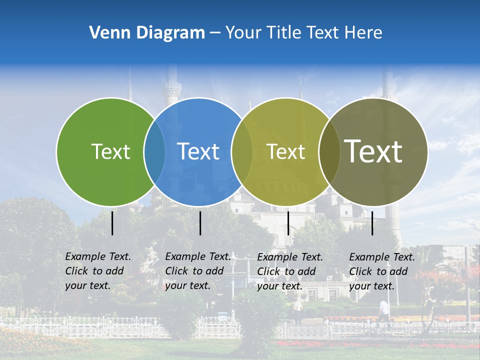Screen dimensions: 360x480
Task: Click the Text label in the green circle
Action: [x=110, y=151]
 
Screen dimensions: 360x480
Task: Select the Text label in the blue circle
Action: [x=198, y=151]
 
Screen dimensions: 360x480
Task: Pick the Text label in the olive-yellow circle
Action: [x=286, y=151]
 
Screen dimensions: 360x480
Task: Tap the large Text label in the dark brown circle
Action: [x=373, y=151]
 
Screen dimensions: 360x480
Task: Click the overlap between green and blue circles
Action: [x=154, y=151]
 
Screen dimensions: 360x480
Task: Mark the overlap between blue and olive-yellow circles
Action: [x=242, y=151]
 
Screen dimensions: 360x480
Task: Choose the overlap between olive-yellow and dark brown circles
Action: [x=329, y=151]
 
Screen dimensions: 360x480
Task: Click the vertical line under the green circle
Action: [x=112, y=223]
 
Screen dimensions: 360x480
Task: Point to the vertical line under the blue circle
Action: [x=200, y=223]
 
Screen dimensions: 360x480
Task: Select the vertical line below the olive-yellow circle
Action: [x=288, y=223]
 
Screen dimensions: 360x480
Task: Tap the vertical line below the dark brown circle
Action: [x=372, y=223]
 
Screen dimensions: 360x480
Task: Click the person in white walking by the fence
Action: [x=383, y=312]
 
